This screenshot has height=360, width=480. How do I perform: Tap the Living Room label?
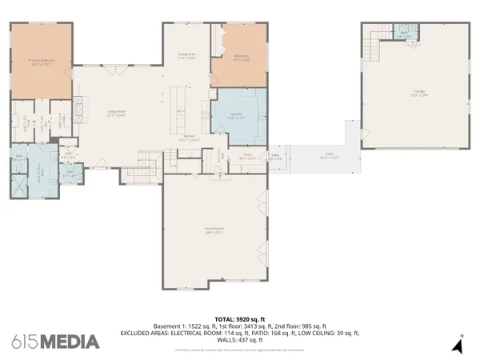[x=118, y=113]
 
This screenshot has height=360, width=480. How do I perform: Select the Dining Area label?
[x=186, y=56]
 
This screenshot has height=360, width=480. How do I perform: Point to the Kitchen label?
[x=190, y=138]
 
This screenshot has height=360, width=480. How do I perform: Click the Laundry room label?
[x=236, y=117]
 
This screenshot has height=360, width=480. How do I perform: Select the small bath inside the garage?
[x=406, y=33]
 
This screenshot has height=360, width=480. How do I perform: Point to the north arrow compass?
[x=457, y=346]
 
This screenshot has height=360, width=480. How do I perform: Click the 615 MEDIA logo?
[x=56, y=342]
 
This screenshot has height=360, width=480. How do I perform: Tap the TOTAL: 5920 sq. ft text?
[x=240, y=319]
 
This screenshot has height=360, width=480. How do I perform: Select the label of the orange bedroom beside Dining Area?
[x=241, y=57]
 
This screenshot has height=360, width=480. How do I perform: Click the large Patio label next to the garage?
[x=328, y=157]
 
